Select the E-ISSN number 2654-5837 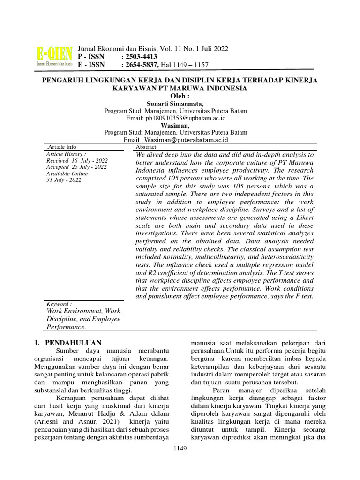[x=140, y=65]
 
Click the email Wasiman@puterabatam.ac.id [x=186, y=140]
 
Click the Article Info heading [x=60, y=147]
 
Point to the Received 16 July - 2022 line [x=76, y=160]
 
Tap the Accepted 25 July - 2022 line [x=76, y=167]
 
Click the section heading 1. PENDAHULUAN [x=68, y=343]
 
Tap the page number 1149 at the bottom [x=180, y=449]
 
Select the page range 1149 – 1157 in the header [x=192, y=65]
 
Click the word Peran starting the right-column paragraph [x=222, y=390]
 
